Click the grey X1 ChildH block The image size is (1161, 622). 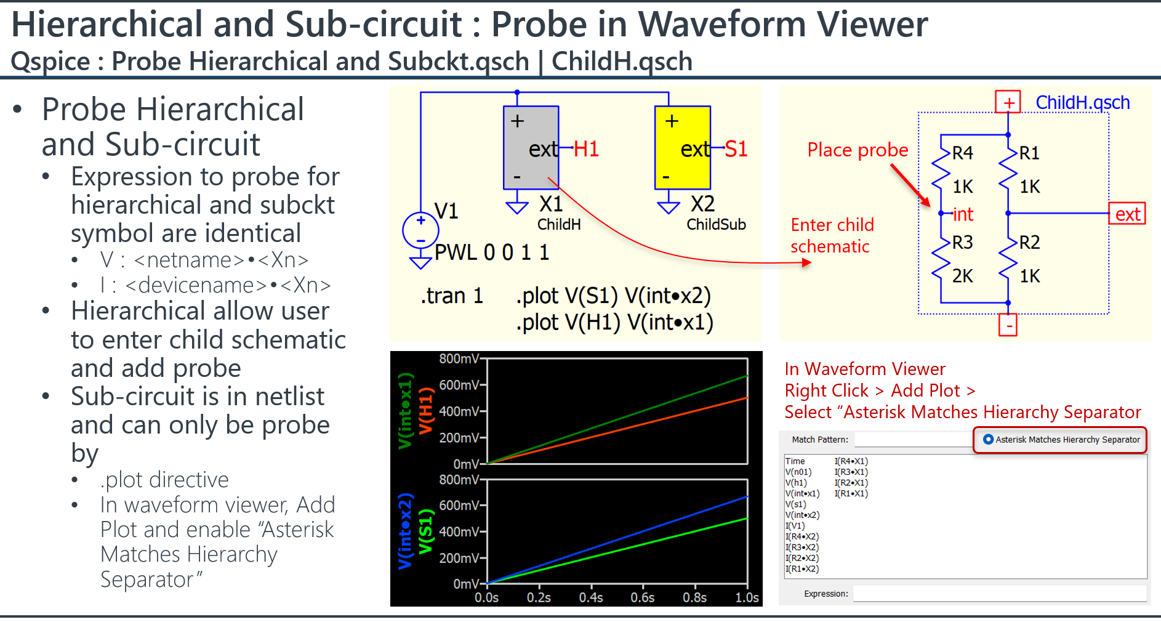click(531, 147)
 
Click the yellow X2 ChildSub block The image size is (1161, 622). click(682, 147)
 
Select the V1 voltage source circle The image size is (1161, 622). click(420, 230)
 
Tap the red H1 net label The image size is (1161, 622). click(586, 149)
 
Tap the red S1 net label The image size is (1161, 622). click(736, 149)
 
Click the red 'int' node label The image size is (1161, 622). click(963, 214)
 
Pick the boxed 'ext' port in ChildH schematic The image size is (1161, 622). click(1127, 214)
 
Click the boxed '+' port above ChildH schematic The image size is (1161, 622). click(1008, 102)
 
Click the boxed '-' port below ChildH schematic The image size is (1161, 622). click(1008, 325)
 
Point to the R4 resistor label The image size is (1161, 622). click(963, 153)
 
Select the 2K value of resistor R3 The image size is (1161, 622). click(963, 276)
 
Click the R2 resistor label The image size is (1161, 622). click(1030, 242)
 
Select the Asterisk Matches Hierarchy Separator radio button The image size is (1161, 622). click(989, 440)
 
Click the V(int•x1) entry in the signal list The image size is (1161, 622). click(802, 493)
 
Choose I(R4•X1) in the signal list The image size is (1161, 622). click(851, 461)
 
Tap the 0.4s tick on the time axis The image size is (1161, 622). click(591, 597)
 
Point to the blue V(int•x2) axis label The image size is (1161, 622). click(404, 531)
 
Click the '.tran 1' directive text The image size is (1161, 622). click(452, 296)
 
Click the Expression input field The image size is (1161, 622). click(1000, 594)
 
